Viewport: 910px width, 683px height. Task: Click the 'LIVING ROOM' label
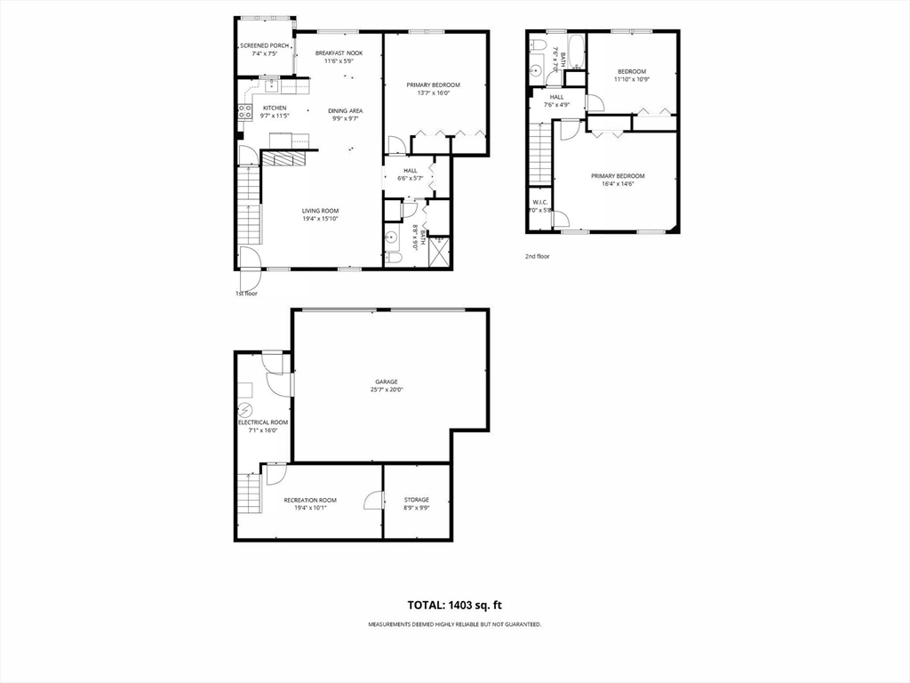click(320, 211)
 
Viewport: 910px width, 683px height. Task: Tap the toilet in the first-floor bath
click(395, 257)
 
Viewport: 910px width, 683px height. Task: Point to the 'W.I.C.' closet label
click(539, 202)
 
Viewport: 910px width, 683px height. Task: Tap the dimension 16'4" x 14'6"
click(618, 184)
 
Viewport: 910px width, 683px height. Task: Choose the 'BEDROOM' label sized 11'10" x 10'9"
click(632, 71)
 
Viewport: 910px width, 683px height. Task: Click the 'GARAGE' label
click(386, 382)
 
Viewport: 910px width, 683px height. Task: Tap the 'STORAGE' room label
click(417, 500)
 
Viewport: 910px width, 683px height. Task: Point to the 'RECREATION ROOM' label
click(310, 500)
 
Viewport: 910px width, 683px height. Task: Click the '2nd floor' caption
click(537, 256)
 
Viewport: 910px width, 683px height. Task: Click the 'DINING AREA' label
click(345, 110)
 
